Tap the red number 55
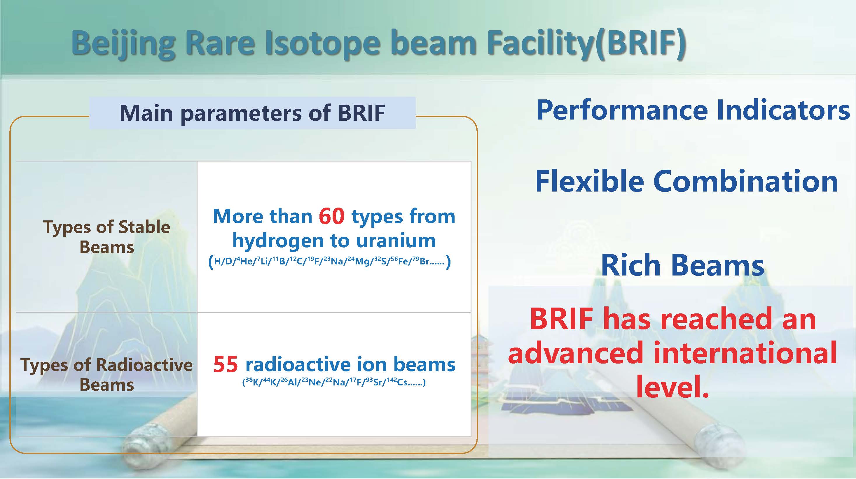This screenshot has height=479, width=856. click(226, 364)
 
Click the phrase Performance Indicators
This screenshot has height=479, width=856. click(693, 110)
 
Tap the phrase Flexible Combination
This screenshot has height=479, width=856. click(686, 182)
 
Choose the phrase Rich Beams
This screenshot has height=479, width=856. click(682, 265)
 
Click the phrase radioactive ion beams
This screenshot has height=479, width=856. click(350, 364)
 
